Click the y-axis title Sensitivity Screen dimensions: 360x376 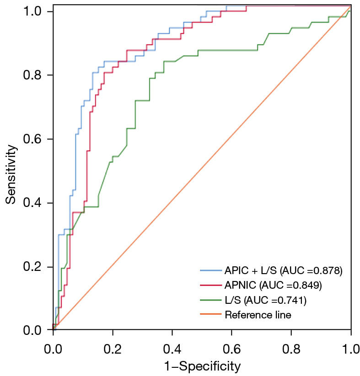(11, 175)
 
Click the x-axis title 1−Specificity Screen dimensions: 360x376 (202, 366)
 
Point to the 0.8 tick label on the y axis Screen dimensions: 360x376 (32, 75)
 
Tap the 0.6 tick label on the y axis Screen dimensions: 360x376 (32, 139)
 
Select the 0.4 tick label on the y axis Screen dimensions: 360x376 (32, 203)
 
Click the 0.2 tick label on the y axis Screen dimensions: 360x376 (32, 267)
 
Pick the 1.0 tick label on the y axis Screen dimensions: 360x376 (32, 11)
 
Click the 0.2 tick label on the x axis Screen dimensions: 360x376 (113, 349)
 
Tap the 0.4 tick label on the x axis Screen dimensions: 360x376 (172, 349)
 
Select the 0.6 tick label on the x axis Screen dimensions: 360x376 (231, 349)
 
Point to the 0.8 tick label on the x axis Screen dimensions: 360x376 (291, 349)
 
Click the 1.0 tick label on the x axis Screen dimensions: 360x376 (350, 349)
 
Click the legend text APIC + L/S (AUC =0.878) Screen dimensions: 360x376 (284, 271)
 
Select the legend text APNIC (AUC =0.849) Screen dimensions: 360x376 (273, 286)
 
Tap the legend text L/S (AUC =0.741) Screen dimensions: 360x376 (266, 300)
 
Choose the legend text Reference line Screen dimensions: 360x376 (258, 315)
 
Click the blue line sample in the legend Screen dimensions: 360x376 (211, 270)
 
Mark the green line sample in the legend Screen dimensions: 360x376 (211, 300)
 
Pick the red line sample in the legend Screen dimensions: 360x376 (211, 285)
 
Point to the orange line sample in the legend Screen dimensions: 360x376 (211, 314)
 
